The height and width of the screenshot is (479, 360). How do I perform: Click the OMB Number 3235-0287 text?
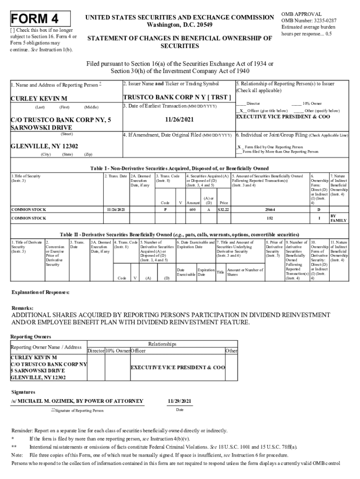309,21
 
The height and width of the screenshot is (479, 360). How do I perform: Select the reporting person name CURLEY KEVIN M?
39,98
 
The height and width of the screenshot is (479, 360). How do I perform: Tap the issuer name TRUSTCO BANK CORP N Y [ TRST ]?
177,97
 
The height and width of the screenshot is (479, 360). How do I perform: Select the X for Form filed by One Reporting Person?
239,146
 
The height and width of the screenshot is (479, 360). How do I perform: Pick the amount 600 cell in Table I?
192,210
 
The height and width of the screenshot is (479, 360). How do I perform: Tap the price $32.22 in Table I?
223,210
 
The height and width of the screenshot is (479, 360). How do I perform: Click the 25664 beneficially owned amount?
269,210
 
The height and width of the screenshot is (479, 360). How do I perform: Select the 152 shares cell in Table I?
269,218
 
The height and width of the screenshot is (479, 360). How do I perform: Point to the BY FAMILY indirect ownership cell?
338,218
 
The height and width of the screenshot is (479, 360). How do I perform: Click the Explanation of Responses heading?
40,292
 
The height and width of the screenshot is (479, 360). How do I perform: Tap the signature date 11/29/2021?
180,401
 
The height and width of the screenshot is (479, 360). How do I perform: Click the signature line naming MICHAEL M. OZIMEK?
77,401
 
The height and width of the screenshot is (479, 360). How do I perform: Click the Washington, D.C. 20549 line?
179,25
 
